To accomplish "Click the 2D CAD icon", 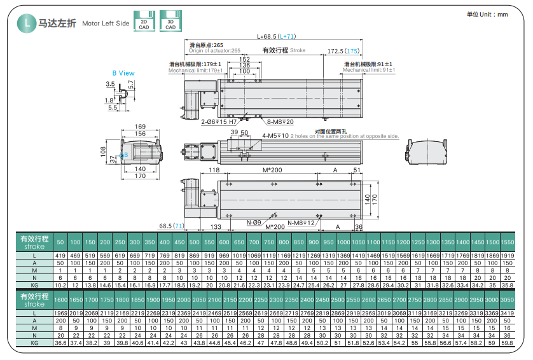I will point(144,22).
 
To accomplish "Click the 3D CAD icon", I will point(170,22).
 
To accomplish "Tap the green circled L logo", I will point(26,23).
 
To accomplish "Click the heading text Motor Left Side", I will point(106,24).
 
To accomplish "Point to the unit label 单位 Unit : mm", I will point(487,14).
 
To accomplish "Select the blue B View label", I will point(123,73).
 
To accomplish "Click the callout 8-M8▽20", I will point(280,121).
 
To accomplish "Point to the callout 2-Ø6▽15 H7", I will point(219,121).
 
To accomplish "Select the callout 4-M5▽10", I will point(275,136).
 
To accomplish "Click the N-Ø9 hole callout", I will point(254,223).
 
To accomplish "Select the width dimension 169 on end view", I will point(140,127).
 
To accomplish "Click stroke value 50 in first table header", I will point(60,242).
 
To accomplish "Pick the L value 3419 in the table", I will point(507,314).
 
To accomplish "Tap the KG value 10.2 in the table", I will point(60,285).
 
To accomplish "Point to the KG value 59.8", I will point(507,342).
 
